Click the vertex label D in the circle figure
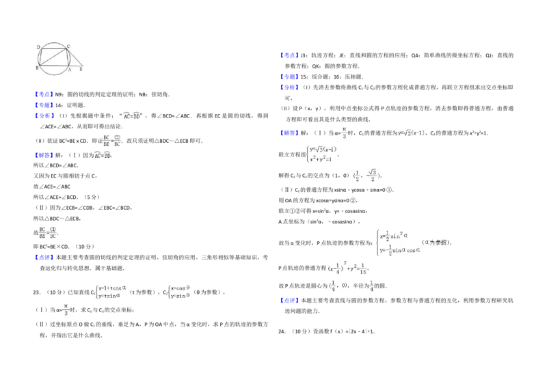(38, 47)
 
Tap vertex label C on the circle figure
(68, 46)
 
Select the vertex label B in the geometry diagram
(36, 69)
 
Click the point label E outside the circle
(82, 70)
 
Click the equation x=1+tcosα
(113, 288)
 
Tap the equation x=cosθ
(180, 288)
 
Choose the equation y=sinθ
(180, 297)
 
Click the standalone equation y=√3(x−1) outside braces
(411, 132)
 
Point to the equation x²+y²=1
(320, 159)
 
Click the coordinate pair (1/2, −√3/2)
(366, 175)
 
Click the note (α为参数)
(436, 242)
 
